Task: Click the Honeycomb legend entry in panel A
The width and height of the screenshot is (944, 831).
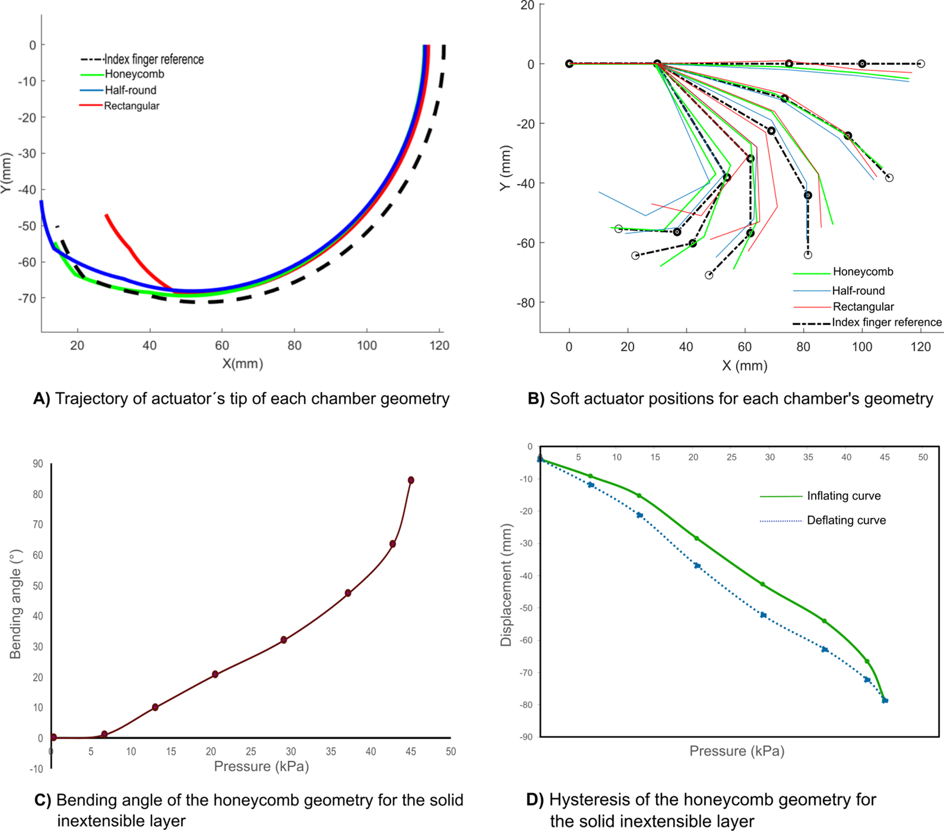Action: [x=134, y=74]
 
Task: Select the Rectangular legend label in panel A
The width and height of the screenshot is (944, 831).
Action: [x=131, y=106]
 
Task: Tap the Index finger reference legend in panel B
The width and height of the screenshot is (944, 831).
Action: [x=886, y=323]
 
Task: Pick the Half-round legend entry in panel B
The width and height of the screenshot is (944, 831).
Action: [x=858, y=291]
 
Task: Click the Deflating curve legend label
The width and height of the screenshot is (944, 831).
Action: [x=846, y=520]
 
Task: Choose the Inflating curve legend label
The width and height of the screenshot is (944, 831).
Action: [x=843, y=496]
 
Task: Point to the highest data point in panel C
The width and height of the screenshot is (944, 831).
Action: [x=411, y=480]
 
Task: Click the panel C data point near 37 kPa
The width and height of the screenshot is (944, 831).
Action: [x=348, y=593]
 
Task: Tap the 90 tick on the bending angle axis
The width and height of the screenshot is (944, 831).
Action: [x=38, y=464]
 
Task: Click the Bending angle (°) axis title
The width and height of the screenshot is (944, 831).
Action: [x=15, y=604]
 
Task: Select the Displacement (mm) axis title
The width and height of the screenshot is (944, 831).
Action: [x=506, y=585]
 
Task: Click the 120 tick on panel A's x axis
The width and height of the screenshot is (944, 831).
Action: [x=439, y=346]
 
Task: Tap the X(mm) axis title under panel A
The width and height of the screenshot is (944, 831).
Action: [x=243, y=364]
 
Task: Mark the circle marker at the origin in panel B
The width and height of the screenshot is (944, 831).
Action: [x=569, y=64]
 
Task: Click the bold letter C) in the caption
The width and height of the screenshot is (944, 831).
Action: [x=43, y=800]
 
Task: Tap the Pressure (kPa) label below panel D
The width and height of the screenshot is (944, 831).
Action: [x=736, y=751]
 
